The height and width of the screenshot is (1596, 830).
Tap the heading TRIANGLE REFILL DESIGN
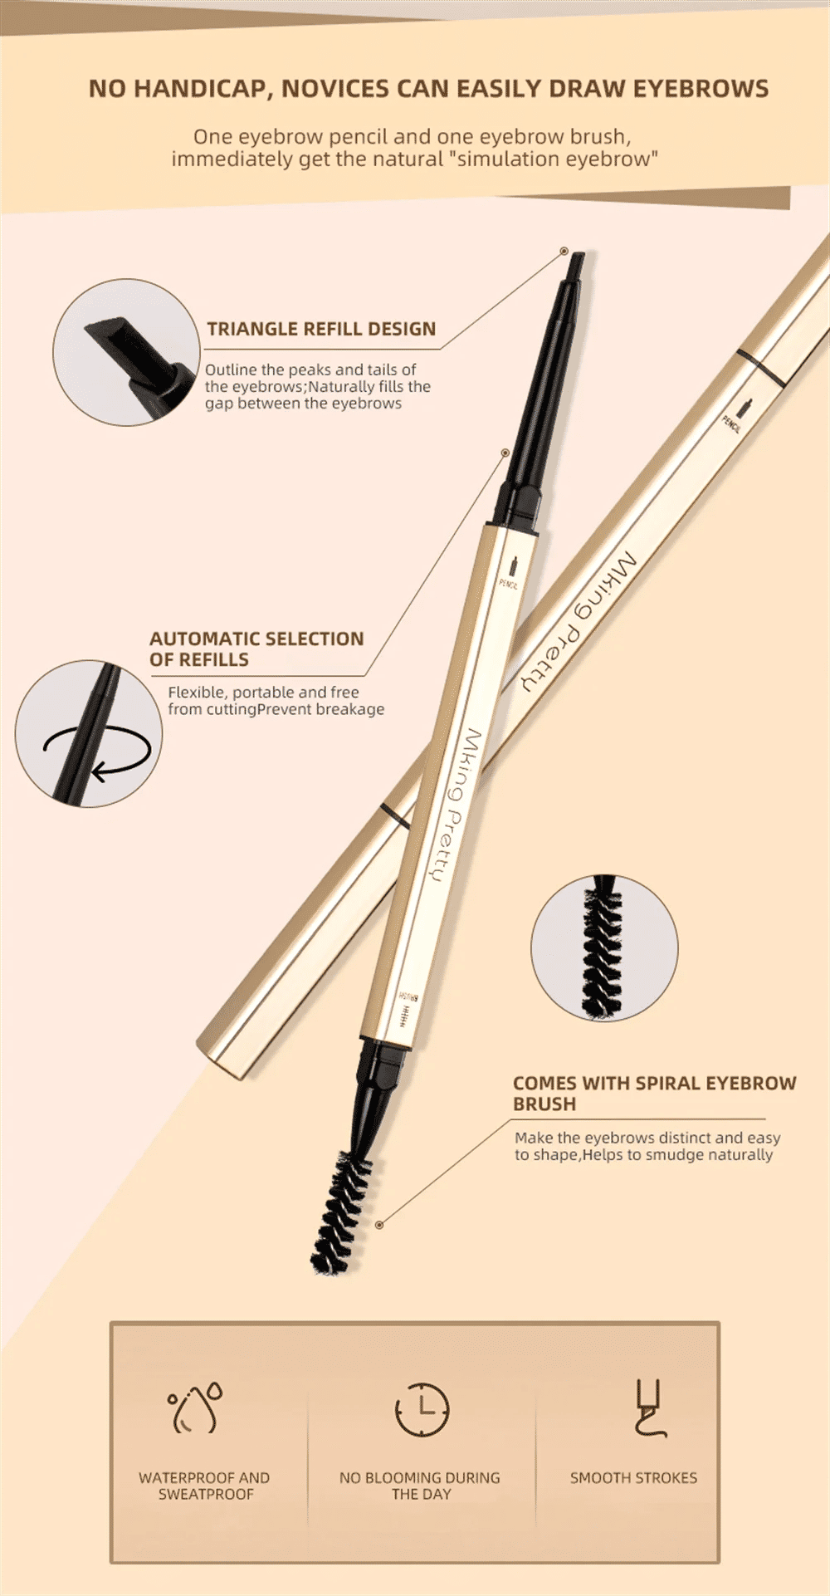pyautogui.click(x=321, y=329)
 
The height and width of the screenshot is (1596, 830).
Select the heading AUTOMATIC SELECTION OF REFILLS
pyautogui.click(x=256, y=649)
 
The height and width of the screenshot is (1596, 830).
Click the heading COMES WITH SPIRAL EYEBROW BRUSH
pyautogui.click(x=654, y=1093)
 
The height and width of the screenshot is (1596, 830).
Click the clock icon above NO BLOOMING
pyautogui.click(x=422, y=1409)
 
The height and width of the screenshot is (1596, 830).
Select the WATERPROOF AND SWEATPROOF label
pyautogui.click(x=204, y=1486)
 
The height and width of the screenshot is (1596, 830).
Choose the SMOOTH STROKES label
pyautogui.click(x=633, y=1478)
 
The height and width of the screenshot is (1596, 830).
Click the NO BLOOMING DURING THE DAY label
pyautogui.click(x=420, y=1486)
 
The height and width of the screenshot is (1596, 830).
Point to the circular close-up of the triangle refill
pyautogui.click(x=126, y=352)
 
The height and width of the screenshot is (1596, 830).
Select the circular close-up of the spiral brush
pyautogui.click(x=604, y=947)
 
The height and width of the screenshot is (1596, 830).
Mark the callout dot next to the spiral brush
pyautogui.click(x=379, y=1225)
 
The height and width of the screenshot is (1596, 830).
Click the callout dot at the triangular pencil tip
pyautogui.click(x=564, y=251)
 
